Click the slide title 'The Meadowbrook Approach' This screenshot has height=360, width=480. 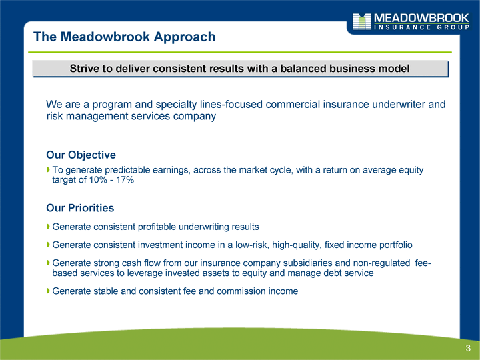(124, 37)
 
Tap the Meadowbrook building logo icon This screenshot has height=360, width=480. (362, 21)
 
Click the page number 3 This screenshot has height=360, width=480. (468, 348)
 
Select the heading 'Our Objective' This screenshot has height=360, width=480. (81, 155)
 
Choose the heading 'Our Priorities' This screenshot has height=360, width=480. (80, 208)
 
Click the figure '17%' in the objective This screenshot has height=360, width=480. (125, 180)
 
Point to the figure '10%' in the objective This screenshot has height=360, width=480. (98, 180)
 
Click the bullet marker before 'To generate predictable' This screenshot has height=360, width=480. (48, 169)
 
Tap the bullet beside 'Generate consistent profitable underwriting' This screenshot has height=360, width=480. (48, 227)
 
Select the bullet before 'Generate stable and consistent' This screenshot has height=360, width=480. (48, 291)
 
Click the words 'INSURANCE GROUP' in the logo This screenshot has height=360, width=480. (422, 27)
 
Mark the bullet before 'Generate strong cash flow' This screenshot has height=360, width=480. (48, 263)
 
